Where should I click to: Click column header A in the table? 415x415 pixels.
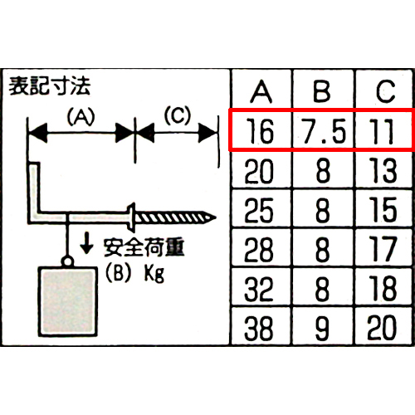tap(261, 91)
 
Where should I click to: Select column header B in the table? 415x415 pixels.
tap(322, 91)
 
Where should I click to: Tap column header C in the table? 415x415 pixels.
tap(385, 91)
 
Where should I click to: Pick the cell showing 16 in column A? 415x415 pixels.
tap(260, 131)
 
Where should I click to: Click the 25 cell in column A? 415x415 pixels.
tap(259, 210)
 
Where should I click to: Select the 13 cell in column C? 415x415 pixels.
tap(383, 171)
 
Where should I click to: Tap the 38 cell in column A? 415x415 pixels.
tap(259, 328)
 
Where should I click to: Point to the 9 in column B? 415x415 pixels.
tap(323, 329)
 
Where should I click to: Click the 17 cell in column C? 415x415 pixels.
tap(383, 249)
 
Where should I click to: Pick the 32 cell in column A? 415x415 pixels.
tap(259, 289)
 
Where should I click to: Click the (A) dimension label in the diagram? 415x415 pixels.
tap(81, 116)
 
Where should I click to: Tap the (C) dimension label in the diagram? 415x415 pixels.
tap(178, 115)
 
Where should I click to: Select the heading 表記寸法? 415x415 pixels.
tap(49, 86)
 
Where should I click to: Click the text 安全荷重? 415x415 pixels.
tap(144, 247)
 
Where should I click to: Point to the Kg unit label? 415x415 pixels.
tap(154, 274)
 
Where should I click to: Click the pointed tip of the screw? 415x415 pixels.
tap(216, 217)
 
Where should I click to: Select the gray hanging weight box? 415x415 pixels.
tap(68, 301)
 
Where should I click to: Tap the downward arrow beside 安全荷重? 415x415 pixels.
tap(86, 243)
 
